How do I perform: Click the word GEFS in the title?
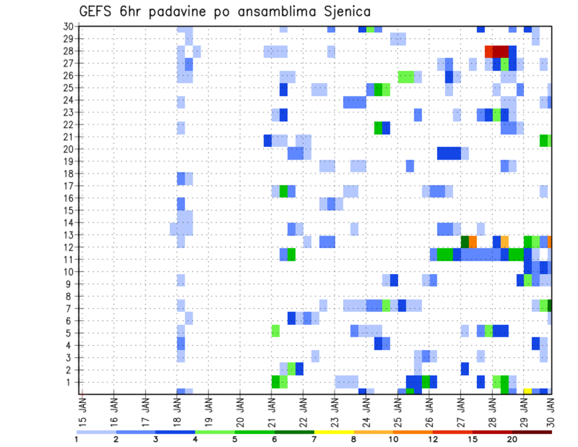click(x=97, y=11)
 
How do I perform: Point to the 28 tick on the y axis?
click(x=67, y=51)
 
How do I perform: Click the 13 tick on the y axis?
click(x=67, y=235)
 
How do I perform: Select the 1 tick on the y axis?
click(x=70, y=382)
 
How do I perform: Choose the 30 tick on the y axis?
click(x=67, y=26)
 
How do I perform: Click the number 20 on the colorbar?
click(x=512, y=439)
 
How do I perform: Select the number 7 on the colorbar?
click(x=314, y=439)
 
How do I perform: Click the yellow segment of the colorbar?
click(x=334, y=431)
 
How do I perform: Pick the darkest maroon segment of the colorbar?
click(x=532, y=431)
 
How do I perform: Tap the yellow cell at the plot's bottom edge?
click(x=527, y=391)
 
